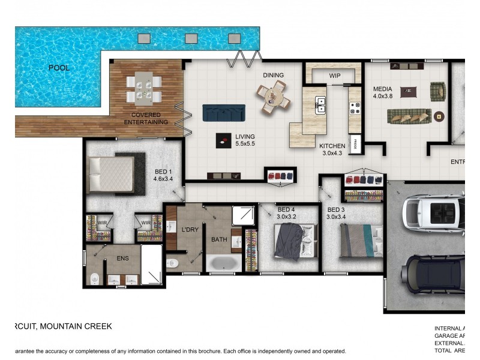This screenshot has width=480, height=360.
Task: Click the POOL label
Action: pyautogui.click(x=59, y=68)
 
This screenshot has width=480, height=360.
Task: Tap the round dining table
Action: pyautogui.click(x=274, y=97)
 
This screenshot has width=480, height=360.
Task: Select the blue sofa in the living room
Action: pyautogui.click(x=224, y=112)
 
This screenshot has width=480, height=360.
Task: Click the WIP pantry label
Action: pyautogui.click(x=334, y=76)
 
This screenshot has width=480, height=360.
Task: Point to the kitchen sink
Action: pyautogui.click(x=321, y=106)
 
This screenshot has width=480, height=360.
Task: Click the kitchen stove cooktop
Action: pyautogui.click(x=355, y=107)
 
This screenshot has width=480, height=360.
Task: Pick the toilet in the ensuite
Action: pyautogui.click(x=95, y=279)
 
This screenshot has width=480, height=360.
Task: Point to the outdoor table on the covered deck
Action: pyautogui.click(x=143, y=88)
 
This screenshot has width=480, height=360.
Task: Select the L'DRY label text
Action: pyautogui.click(x=190, y=230)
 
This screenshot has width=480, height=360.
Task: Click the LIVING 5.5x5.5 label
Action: pyautogui.click(x=245, y=140)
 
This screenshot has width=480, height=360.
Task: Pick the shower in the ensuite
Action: pyautogui.click(x=152, y=264)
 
